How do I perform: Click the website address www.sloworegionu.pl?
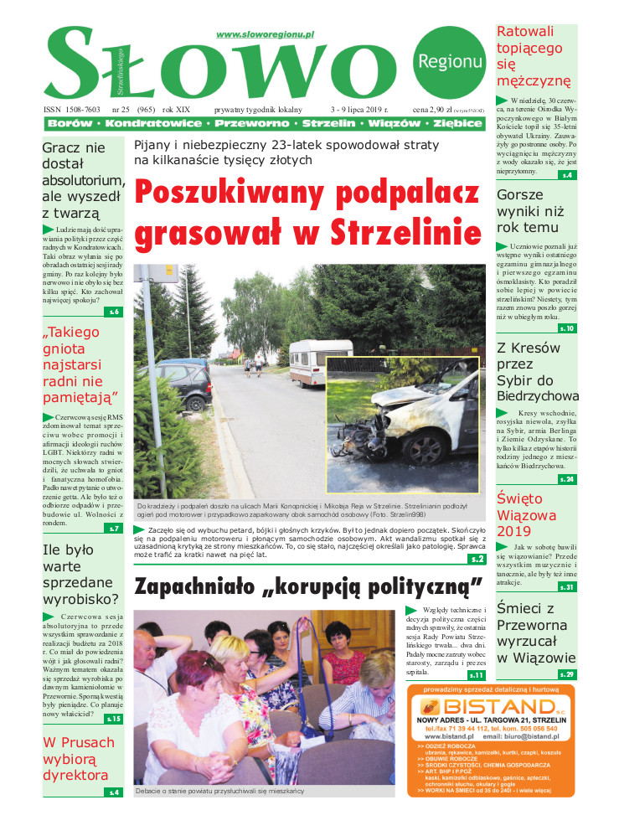[265, 34]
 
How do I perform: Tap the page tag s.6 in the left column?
[114, 312]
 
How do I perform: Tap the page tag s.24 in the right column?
[567, 479]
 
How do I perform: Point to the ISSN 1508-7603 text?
[71, 110]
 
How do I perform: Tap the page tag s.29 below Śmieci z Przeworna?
[567, 674]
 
